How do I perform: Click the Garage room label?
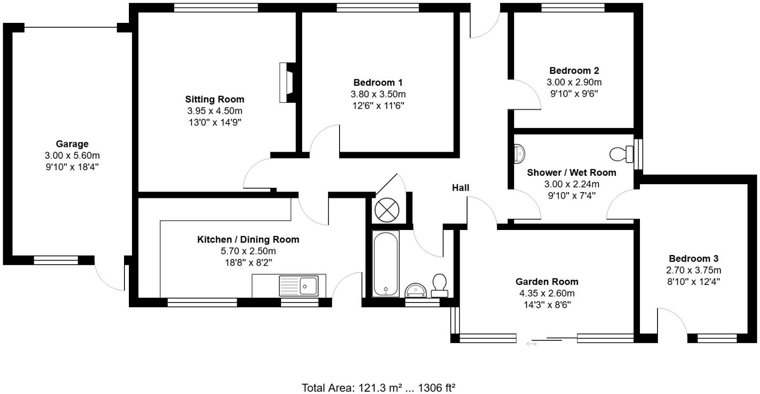click(72, 144)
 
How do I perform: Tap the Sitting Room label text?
click(215, 99)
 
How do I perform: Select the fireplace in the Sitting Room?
click(286, 83)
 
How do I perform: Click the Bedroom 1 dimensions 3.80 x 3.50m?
click(378, 94)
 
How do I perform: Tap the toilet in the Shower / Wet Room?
click(621, 154)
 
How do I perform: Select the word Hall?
click(460, 188)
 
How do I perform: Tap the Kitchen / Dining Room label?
click(248, 240)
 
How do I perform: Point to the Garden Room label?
click(547, 282)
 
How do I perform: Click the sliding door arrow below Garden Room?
click(532, 344)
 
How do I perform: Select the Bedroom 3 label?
click(694, 259)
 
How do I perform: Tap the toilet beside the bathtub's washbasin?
click(440, 285)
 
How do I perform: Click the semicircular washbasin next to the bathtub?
click(416, 290)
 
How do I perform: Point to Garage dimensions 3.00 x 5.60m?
click(72, 156)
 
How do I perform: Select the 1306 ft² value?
click(436, 387)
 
